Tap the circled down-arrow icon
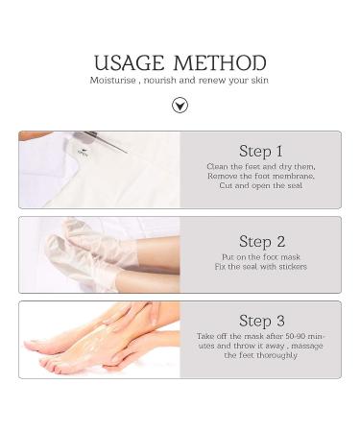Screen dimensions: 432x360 (x=180, y=105)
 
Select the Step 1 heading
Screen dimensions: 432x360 (x=260, y=151)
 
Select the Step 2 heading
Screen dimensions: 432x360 (x=260, y=242)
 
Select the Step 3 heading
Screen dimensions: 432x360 (x=260, y=321)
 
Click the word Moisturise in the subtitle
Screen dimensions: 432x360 (x=116, y=81)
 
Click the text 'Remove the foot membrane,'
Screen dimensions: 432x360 (x=260, y=176)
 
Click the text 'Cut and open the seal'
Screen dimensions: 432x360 (x=260, y=185)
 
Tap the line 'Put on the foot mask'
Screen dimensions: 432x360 (x=260, y=257)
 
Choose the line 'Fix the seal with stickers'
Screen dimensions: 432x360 (x=260, y=267)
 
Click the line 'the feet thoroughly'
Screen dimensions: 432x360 (x=260, y=355)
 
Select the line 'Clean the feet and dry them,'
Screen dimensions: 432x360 (x=260, y=166)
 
